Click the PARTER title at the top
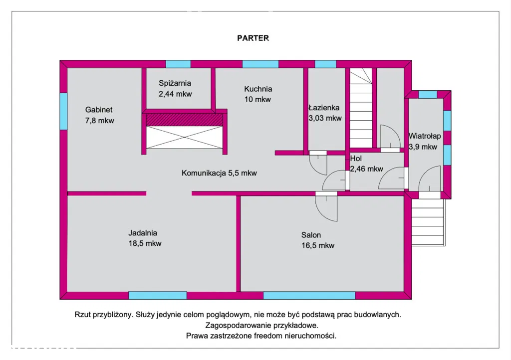tap(253, 38)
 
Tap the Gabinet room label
tap(99, 110)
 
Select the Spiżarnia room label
tap(175, 83)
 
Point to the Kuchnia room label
tap(258, 89)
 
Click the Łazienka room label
tap(324, 107)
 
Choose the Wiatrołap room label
tap(424, 135)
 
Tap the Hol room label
tap(356, 159)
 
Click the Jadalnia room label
tap(143, 232)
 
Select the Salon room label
tap(311, 235)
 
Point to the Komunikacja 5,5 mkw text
tap(219, 173)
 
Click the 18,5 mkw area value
tap(145, 243)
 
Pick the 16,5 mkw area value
tap(318, 245)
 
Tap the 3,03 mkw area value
tap(325, 118)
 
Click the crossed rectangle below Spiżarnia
tap(183, 137)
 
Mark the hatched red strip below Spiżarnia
tap(183, 120)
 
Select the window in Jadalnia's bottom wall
tap(157, 295)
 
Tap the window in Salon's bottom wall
tap(309, 295)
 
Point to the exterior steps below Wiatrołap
tap(427, 222)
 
